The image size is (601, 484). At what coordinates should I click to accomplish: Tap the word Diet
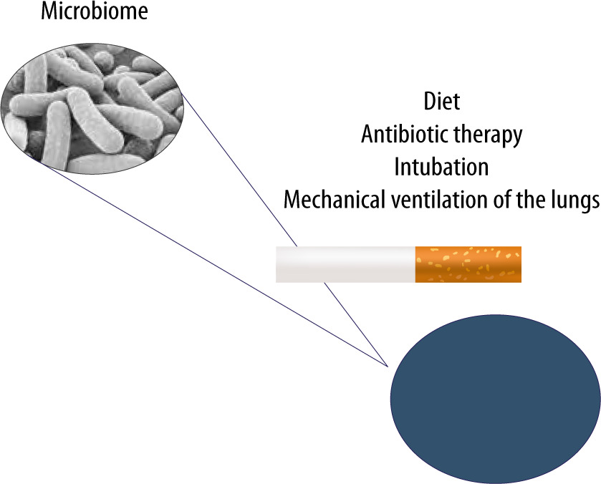pos(441,102)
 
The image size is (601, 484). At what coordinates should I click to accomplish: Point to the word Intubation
pos(441,167)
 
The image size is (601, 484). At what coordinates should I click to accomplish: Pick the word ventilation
pos(441,200)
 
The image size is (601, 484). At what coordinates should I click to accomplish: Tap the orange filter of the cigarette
pos(468,264)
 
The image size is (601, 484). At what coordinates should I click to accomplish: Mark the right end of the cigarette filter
pos(519,264)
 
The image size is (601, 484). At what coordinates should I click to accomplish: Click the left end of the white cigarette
pos(278,264)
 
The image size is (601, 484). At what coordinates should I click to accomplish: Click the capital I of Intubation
pos(397,167)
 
